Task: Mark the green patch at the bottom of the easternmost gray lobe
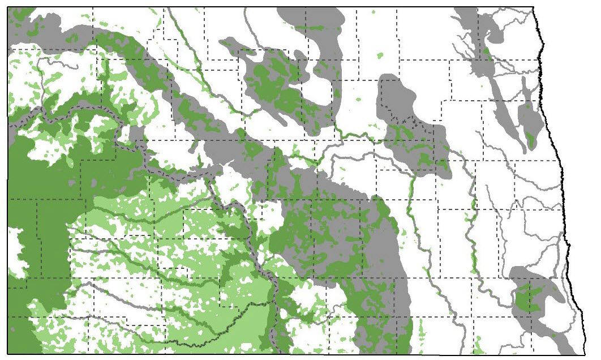531,138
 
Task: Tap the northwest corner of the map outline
8,7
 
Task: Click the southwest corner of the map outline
8,354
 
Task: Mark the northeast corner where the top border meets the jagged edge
535,7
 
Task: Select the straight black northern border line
283,7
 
